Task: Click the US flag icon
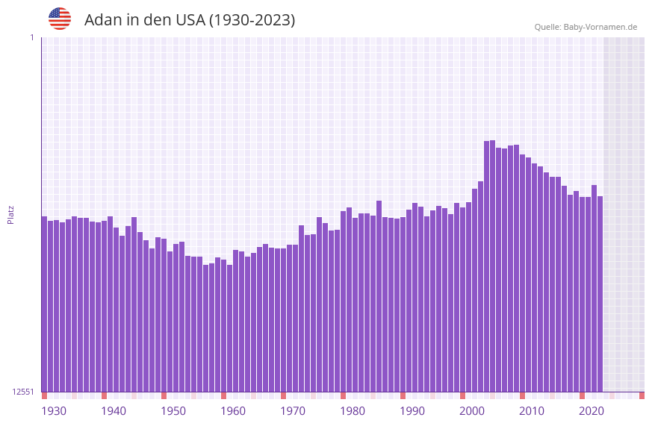coord(60,19)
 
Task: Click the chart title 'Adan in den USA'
coord(190,20)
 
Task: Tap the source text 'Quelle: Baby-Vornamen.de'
coord(586,27)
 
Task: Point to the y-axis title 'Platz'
coord(10,214)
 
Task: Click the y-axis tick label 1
coord(32,37)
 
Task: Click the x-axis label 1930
coord(54,411)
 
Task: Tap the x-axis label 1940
coord(114,411)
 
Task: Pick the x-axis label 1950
coord(173,411)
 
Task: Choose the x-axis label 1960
coord(233,411)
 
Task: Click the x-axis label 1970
coord(293,411)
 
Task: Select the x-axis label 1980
coord(353,411)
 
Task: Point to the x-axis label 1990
coord(412,411)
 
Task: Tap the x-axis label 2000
coord(472,411)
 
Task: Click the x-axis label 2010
coord(532,411)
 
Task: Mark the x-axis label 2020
coord(592,411)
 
